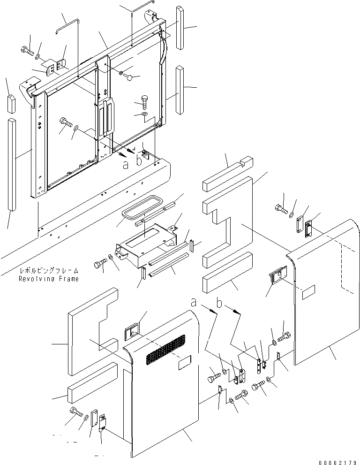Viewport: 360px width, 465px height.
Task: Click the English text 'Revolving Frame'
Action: pyautogui.click(x=48, y=279)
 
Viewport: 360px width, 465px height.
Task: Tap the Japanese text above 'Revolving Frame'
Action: pyautogui.click(x=49, y=271)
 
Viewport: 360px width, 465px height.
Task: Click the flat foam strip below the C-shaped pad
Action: pyautogui.click(x=92, y=383)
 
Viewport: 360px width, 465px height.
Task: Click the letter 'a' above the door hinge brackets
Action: pyautogui.click(x=193, y=303)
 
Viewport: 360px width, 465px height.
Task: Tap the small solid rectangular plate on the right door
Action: pyautogui.click(x=310, y=295)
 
